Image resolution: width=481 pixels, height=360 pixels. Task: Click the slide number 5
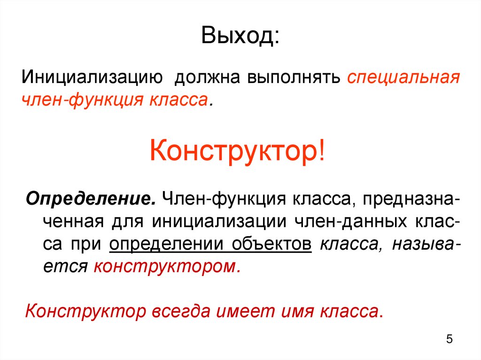[x=449, y=339]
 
